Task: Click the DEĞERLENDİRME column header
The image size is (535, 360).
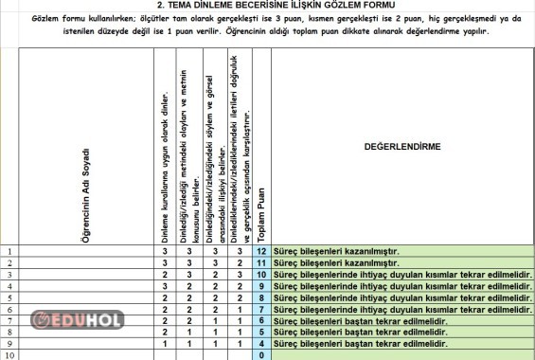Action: point(402,148)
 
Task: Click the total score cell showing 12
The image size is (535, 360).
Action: point(261,251)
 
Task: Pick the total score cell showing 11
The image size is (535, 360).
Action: point(261,262)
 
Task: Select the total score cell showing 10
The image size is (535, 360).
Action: point(261,274)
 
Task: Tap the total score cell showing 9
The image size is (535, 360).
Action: point(261,285)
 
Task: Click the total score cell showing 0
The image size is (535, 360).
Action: point(261,354)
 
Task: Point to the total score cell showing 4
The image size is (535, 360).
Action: point(261,343)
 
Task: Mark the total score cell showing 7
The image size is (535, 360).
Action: point(261,309)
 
